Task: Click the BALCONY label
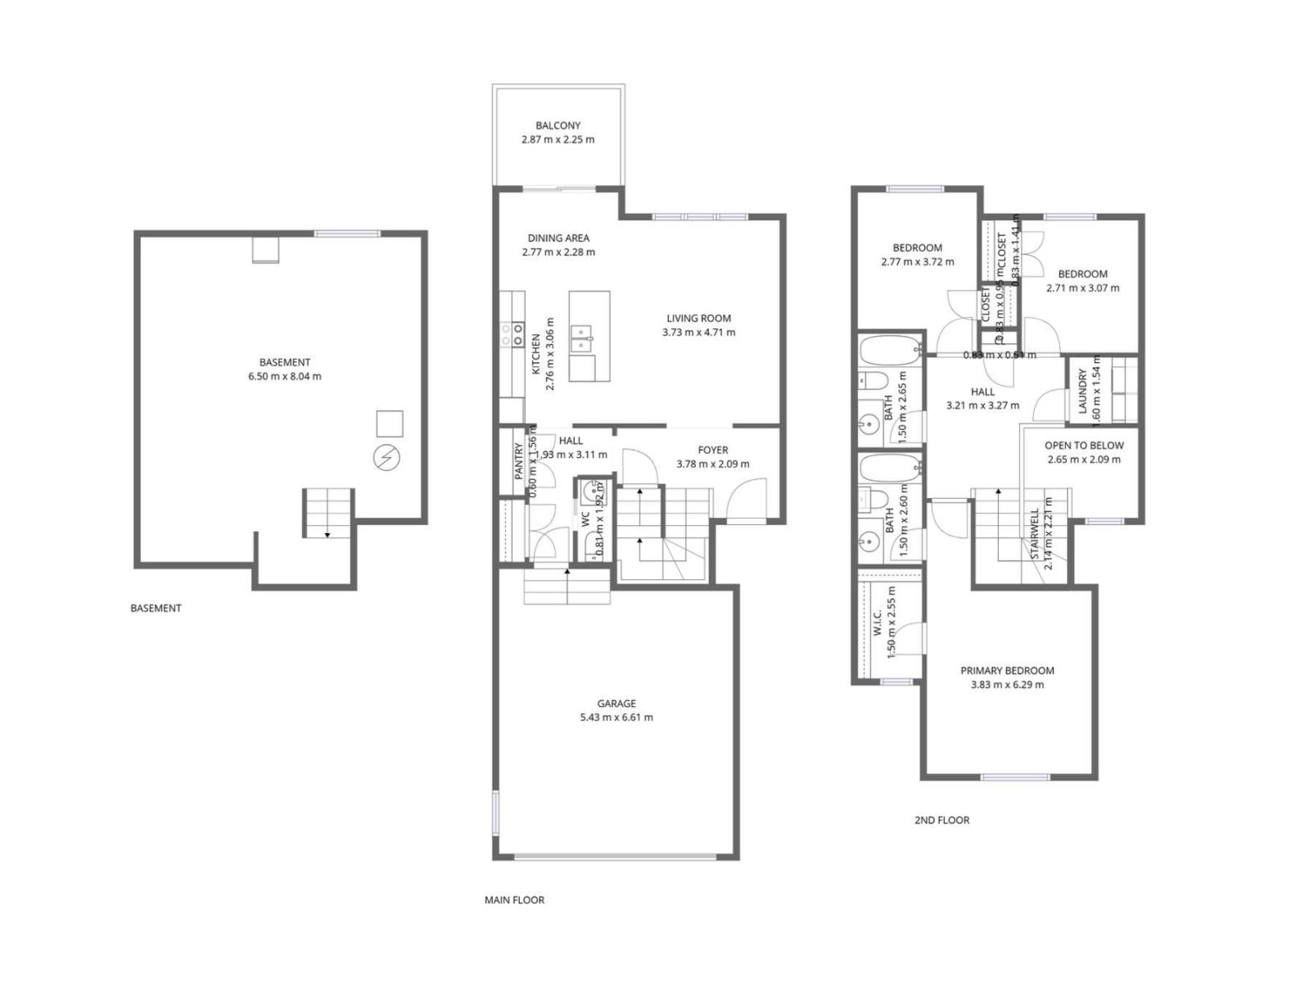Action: click(x=558, y=125)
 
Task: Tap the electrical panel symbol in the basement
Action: click(x=386, y=458)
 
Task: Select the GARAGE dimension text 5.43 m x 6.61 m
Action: click(x=617, y=718)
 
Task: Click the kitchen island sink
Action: click(x=582, y=337)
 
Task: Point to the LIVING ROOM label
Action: click(x=698, y=319)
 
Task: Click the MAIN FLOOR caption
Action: click(x=514, y=899)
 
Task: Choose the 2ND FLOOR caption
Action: click(x=942, y=820)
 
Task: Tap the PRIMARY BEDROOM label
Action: click(x=1007, y=671)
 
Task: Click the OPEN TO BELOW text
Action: click(x=1084, y=446)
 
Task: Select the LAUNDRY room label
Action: click(x=1082, y=392)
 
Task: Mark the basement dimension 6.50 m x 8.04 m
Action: click(x=285, y=377)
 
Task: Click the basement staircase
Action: click(x=328, y=513)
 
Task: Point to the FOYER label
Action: click(x=712, y=450)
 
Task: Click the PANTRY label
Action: click(x=518, y=460)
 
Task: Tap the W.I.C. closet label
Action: click(x=878, y=623)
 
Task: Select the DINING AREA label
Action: click(x=558, y=238)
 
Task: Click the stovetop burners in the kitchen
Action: click(x=513, y=333)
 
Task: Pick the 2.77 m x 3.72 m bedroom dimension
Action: click(x=917, y=262)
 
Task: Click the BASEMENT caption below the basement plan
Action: click(x=156, y=608)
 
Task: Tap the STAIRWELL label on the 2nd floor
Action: click(x=1034, y=534)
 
